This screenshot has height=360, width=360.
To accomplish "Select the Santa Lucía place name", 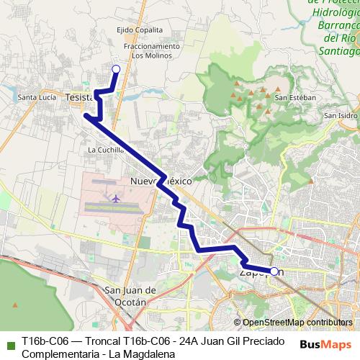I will point(37,97).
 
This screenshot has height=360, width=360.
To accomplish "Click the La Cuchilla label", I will point(105,150).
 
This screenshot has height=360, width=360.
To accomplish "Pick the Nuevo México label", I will point(160,181).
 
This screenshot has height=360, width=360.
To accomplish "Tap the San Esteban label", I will point(295,97).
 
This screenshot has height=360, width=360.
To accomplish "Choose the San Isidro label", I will point(340,115).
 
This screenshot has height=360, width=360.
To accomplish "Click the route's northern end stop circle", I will point(116,68).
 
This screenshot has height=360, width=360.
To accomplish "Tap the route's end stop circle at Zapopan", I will point(274,271).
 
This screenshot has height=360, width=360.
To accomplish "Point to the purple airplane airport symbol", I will point(115,196).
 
